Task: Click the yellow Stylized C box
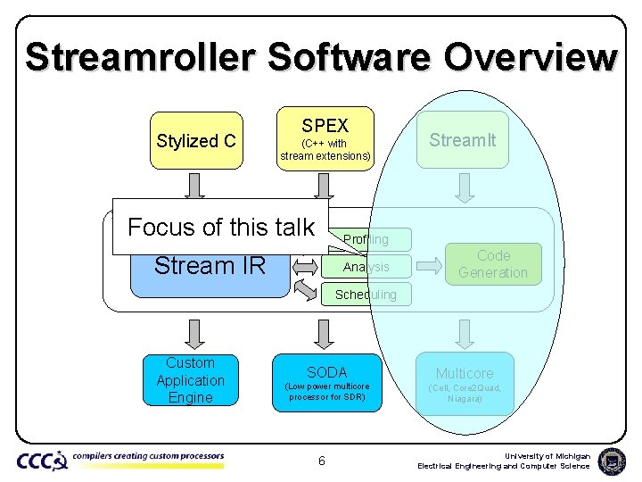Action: point(196,140)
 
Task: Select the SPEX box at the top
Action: point(325,139)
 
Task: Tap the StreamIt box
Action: point(463,139)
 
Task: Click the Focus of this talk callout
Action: point(221,227)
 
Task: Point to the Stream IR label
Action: point(210,265)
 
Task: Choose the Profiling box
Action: point(366,239)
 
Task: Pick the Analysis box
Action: point(366,267)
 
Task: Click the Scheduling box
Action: point(366,295)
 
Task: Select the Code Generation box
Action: point(493,264)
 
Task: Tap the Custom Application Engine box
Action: point(191,380)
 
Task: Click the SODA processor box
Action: point(326,383)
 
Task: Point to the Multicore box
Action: point(464,383)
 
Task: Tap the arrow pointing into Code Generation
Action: point(429,265)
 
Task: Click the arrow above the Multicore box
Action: point(464,334)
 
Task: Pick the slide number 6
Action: point(322,461)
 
